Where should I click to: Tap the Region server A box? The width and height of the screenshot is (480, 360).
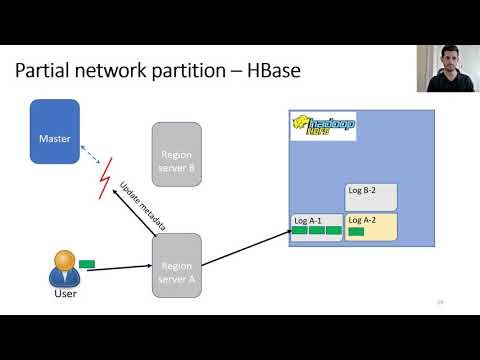[x=176, y=265]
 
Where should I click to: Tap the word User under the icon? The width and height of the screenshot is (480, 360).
[x=64, y=294]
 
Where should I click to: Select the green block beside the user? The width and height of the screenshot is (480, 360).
[x=87, y=264]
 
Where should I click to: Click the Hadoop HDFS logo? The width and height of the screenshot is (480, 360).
[x=323, y=126]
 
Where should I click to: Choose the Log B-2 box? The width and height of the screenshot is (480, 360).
[x=371, y=196]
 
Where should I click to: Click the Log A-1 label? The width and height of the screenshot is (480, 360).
[x=306, y=220]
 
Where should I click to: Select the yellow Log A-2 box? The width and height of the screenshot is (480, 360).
[x=371, y=227]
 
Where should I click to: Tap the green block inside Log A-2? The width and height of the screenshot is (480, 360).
[x=357, y=232]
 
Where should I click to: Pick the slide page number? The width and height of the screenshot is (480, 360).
[x=440, y=301]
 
